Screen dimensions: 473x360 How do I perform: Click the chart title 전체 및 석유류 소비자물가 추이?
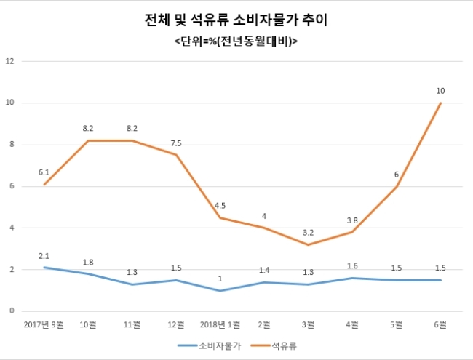pos(236,20)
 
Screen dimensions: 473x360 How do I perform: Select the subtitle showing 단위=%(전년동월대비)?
pos(236,41)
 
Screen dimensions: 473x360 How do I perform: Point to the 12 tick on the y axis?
pos(10,61)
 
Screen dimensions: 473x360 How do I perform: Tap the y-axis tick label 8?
pos(12,145)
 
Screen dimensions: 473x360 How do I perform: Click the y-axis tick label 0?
pos(12,311)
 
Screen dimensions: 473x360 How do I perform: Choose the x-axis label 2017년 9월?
pos(44,324)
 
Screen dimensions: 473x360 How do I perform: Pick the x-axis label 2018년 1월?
pos(220,324)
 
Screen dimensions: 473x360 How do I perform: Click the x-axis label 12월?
pos(176,324)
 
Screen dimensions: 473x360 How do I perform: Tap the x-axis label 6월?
pos(440,324)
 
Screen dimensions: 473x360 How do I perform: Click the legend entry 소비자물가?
pos(210,346)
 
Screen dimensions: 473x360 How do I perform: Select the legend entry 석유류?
pos(274,346)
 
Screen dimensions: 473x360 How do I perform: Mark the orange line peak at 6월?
pos(441,103)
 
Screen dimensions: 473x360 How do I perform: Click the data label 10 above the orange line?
pos(440,91)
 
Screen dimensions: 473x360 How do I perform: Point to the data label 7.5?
pos(176,143)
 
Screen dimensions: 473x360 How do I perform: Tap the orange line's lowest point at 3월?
pos(309,244)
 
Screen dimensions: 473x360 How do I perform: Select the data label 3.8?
pos(352,220)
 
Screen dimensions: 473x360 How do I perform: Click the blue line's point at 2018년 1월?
pos(220,291)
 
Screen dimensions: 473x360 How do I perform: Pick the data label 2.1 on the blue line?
pos(44,256)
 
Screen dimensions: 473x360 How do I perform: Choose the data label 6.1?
pos(44,173)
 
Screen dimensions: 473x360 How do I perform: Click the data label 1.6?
pos(352,266)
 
